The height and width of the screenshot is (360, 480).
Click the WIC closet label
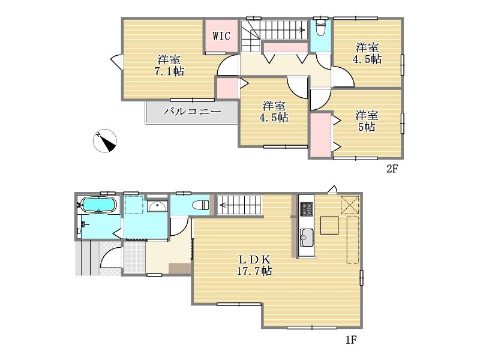click(221, 36)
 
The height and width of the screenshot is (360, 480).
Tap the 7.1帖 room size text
click(169, 71)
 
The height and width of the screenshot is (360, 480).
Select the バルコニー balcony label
click(192, 111)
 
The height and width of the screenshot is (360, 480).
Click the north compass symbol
click(104, 141)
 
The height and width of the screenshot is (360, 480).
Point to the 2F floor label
click(392, 169)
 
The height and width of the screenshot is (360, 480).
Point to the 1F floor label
click(351, 340)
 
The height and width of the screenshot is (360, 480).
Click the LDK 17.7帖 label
click(254, 265)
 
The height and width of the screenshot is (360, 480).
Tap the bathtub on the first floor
click(98, 204)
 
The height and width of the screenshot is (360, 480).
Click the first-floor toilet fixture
click(200, 205)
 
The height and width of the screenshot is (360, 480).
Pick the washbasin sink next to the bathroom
click(157, 206)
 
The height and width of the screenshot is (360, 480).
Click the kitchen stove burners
click(307, 209)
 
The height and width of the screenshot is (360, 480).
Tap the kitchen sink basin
click(307, 238)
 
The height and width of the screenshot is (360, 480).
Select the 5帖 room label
click(367, 121)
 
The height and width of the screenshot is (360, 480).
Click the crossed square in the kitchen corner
click(350, 205)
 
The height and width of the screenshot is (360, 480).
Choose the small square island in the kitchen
click(329, 226)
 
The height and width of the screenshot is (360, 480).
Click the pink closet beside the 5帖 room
click(320, 135)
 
